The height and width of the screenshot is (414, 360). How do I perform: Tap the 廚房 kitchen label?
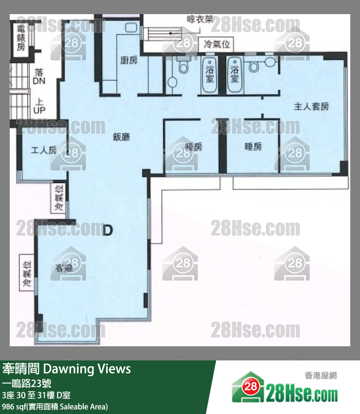tap(128, 61)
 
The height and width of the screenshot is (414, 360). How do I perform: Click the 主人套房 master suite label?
tap(311, 106)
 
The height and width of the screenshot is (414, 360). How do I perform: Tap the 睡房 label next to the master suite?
tap(253, 147)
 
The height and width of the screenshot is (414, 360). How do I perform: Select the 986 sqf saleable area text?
tap(55, 406)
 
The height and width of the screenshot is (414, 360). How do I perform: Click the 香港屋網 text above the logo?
tap(321, 375)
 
